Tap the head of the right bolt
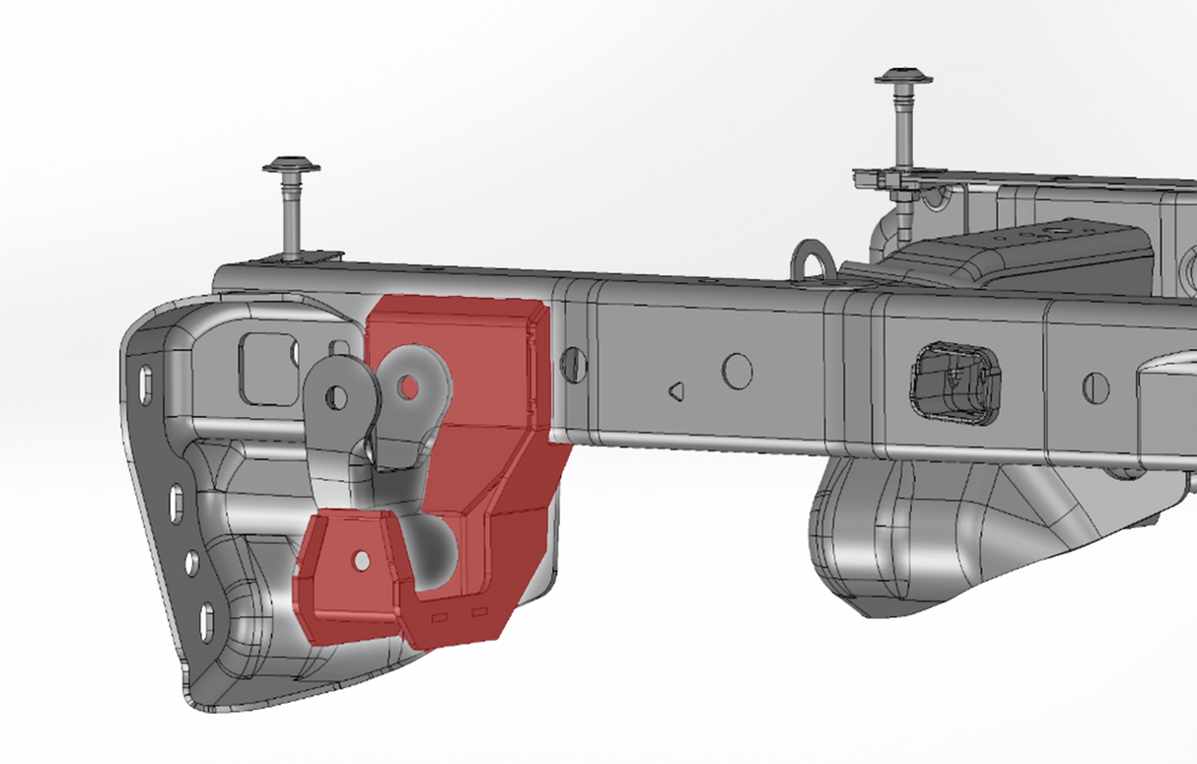pos(903,76)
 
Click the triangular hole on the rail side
pos(676,391)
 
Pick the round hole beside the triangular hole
pos(737,372)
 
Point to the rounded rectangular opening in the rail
pos(952,379)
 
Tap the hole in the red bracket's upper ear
pos(407,385)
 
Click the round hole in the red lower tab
pos(362,560)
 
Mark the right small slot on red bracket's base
pos(479,612)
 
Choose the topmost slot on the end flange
pos(146,381)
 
